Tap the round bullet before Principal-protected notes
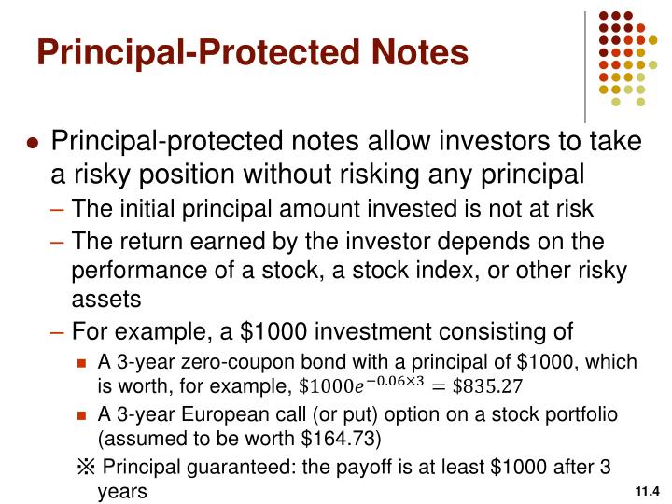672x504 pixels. point(33,144)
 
